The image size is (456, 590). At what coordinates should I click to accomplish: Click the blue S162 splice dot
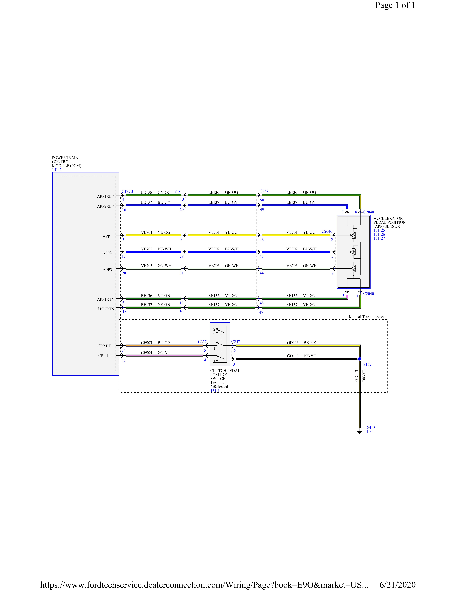(x=360, y=359)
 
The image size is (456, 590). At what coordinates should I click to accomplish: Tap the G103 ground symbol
(x=360, y=432)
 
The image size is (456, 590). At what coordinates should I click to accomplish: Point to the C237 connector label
(x=264, y=191)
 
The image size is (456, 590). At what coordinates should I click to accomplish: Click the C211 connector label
(x=180, y=192)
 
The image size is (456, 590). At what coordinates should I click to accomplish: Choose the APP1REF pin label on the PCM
(x=105, y=196)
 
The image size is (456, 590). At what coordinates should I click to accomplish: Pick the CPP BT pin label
(x=104, y=346)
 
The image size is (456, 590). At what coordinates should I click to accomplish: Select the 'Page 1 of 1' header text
(x=395, y=5)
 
